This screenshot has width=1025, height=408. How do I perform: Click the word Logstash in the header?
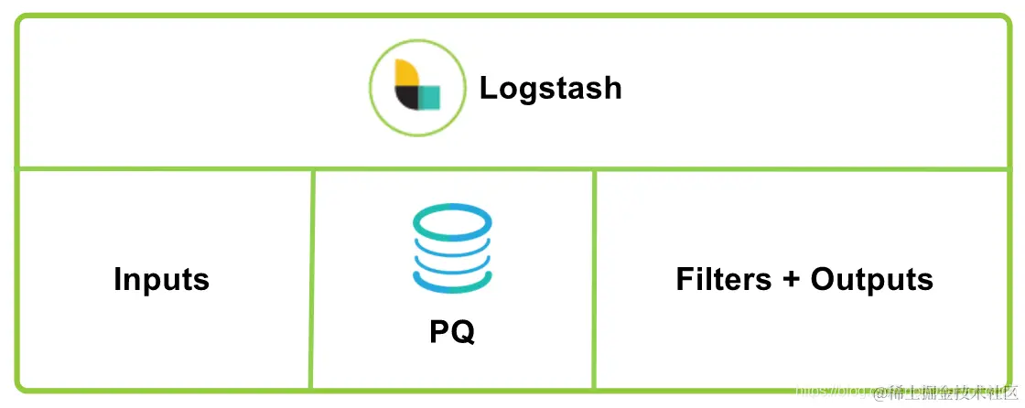(550, 88)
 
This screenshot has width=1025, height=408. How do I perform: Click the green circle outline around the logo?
(372, 87)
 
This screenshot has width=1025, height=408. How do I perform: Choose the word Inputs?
(161, 279)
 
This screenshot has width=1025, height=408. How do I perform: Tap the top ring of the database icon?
(452, 220)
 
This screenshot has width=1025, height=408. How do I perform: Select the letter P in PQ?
(440, 331)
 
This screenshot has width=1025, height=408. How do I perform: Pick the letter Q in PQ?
(463, 332)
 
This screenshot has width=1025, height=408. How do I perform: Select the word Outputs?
(872, 279)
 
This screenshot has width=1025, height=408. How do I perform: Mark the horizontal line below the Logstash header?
(512, 169)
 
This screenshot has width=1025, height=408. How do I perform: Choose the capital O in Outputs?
(823, 279)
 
